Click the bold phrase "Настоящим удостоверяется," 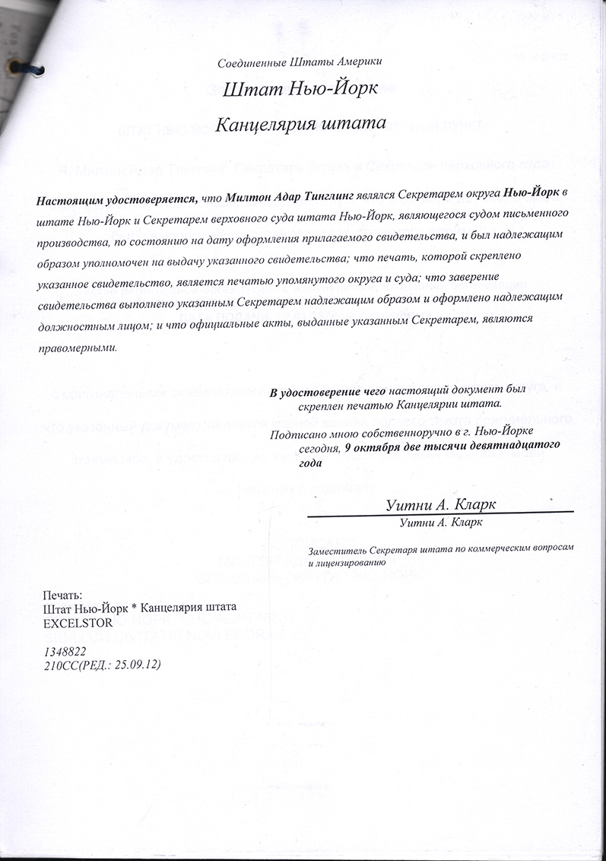pos(116,200)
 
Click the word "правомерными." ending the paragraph pos(78,348)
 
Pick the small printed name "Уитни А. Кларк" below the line pos(439,523)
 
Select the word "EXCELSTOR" pos(78,621)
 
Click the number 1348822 pos(65,652)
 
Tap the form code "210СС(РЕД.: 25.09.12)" pos(103,665)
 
